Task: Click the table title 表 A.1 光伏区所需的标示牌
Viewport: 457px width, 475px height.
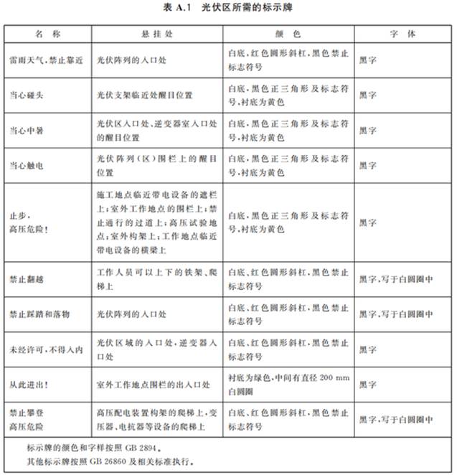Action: (228, 8)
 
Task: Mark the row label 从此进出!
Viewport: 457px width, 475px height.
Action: (29, 385)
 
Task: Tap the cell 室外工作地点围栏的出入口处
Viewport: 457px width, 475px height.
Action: (154, 385)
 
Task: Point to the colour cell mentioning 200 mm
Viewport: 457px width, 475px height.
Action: (287, 385)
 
